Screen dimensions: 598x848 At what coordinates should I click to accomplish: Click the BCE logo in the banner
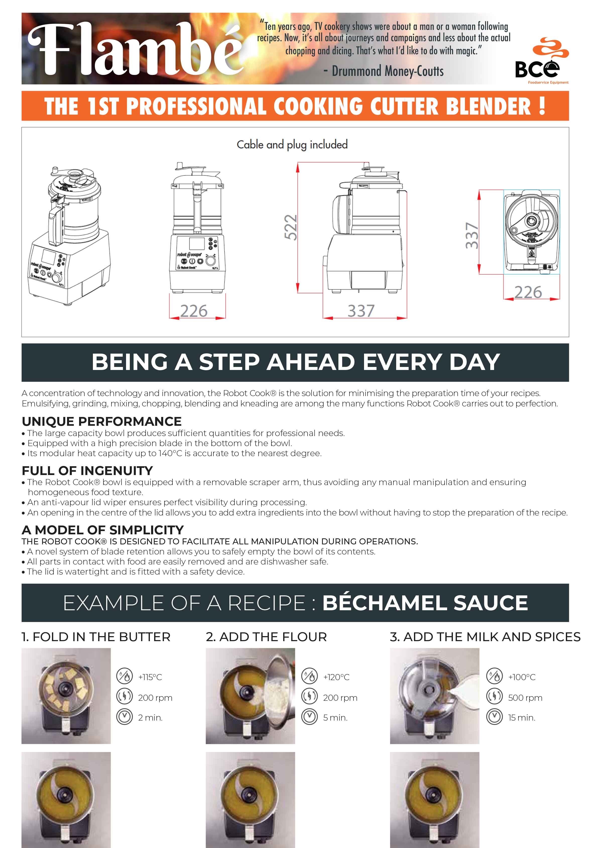542,61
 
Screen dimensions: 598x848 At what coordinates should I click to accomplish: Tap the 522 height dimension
291,227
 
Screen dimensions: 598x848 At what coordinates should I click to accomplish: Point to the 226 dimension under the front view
194,311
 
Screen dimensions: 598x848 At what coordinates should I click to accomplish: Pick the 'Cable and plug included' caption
292,145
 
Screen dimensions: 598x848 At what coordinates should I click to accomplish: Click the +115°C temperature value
150,677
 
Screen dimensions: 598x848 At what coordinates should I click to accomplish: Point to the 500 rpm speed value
525,698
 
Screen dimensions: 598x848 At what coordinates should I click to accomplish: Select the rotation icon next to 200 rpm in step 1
124,697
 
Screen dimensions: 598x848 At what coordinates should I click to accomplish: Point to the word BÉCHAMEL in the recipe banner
385,602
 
